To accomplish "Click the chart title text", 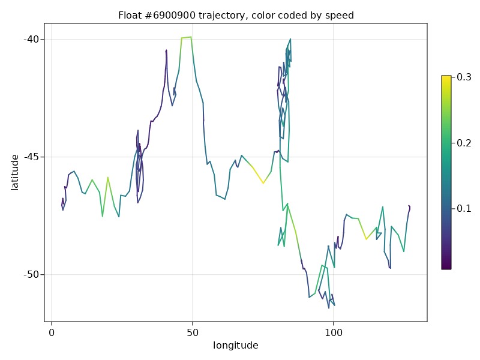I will pyautogui.click(x=236, y=15).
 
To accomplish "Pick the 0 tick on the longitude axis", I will pyautogui.click(x=52, y=332).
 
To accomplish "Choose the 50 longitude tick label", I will pyautogui.click(x=192, y=332).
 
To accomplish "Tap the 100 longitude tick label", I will pyautogui.click(x=333, y=332).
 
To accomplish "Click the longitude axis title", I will pyautogui.click(x=236, y=346).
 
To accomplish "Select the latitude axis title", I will pyautogui.click(x=15, y=172).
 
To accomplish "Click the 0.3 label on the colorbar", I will pyautogui.click(x=464, y=77).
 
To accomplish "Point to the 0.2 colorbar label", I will pyautogui.click(x=464, y=143).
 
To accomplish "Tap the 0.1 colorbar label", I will pyautogui.click(x=464, y=208).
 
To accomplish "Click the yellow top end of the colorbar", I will pyautogui.click(x=446, y=78).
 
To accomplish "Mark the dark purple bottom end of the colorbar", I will pyautogui.click(x=446, y=267).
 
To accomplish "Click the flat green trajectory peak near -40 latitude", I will pyautogui.click(x=186, y=37).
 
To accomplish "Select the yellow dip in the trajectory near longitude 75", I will pyautogui.click(x=263, y=182).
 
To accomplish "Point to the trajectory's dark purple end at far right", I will pyautogui.click(x=409, y=206).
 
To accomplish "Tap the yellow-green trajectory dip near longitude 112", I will pyautogui.click(x=366, y=239).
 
